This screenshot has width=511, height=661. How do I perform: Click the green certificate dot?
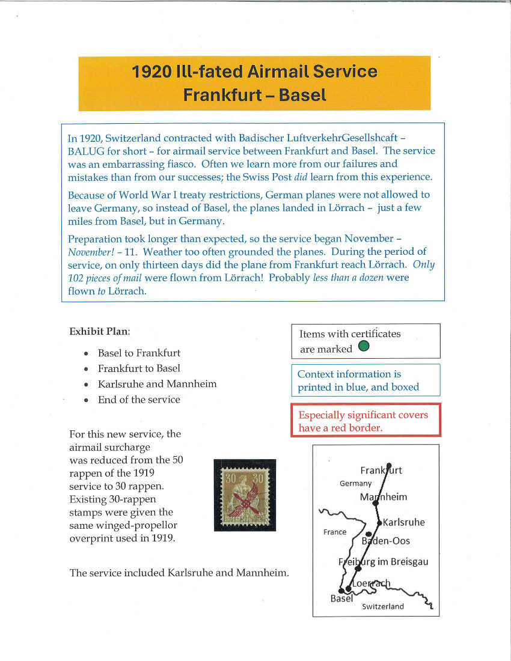364,347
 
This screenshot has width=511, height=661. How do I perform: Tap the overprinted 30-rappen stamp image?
245,495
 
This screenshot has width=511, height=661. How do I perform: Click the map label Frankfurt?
381,471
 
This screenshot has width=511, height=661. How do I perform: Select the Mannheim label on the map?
384,497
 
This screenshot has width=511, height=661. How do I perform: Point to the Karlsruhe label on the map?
403,522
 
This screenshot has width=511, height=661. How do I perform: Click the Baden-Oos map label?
386,541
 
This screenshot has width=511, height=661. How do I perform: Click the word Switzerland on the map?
383,606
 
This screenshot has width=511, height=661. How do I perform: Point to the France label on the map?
334,532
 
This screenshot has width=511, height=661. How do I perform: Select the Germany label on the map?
356,483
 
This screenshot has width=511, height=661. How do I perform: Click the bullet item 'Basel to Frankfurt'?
139,353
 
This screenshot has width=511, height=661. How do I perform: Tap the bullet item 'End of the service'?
139,400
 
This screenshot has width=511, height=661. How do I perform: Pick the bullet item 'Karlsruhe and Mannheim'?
157,384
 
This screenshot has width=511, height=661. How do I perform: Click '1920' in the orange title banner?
151,73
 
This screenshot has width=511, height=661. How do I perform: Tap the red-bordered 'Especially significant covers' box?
365,421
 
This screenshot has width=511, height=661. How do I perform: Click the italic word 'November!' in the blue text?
87,252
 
